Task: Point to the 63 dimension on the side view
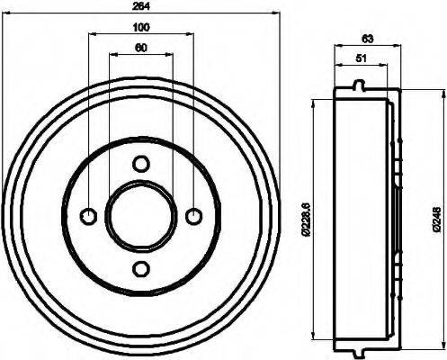tap(368, 39)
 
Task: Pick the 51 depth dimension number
tap(361, 59)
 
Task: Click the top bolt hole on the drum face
tap(141, 163)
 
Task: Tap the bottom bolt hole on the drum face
tap(141, 267)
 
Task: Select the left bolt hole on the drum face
tap(88, 216)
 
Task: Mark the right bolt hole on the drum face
tap(193, 216)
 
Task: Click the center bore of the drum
tap(141, 216)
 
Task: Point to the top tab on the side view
tap(361, 86)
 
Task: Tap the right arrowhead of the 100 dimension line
tap(191, 34)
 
